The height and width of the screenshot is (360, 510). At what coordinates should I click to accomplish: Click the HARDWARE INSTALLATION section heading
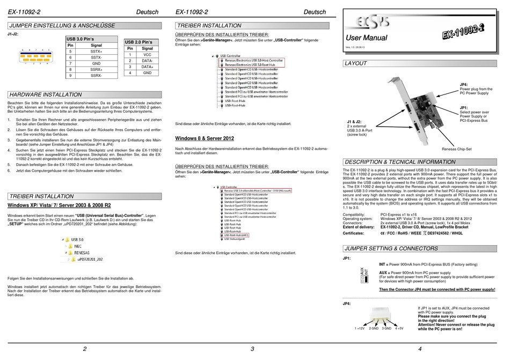[46, 94]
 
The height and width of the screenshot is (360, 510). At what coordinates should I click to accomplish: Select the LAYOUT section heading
[355, 63]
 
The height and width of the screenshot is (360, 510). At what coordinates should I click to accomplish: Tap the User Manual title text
[367, 39]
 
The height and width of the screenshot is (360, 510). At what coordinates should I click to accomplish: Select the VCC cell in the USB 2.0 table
[147, 55]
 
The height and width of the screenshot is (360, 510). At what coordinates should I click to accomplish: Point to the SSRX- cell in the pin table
[96, 76]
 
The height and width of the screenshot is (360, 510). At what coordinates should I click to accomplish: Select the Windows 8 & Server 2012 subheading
[205, 138]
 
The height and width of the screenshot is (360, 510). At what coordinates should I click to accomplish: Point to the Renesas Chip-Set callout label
[457, 148]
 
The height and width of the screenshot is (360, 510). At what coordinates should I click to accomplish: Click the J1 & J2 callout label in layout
[355, 121]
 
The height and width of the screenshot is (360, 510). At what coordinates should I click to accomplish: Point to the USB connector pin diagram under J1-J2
[34, 56]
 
